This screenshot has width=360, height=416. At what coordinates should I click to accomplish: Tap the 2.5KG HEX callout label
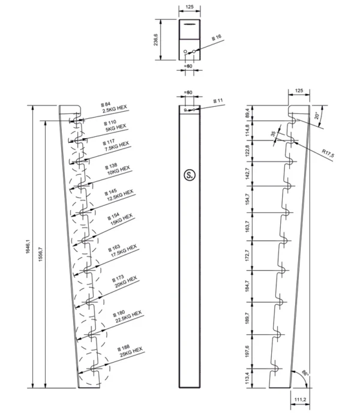click(x=115, y=108)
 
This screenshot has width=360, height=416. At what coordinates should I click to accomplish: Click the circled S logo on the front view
click(x=190, y=175)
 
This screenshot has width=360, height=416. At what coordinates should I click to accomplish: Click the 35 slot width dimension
click(x=274, y=135)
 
